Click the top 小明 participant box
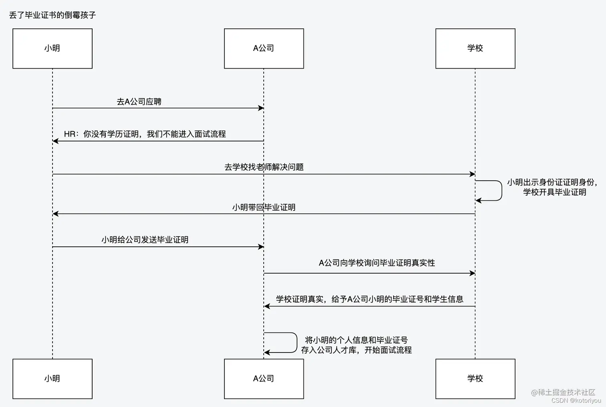coord(53,48)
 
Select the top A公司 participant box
coord(264,48)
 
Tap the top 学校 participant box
coord(475,48)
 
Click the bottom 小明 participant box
coord(53,379)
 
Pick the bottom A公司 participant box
coord(264,379)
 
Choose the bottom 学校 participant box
coord(475,379)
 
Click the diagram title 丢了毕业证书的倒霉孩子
coord(53,15)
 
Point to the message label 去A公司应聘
coord(139,102)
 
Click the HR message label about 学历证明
coord(145,134)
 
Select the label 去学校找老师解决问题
coord(264,167)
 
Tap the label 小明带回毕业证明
coord(264,208)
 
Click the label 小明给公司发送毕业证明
coord(145,240)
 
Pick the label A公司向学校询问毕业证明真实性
coord(377,263)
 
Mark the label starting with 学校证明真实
coord(370,299)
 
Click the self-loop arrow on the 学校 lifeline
coord(501,191)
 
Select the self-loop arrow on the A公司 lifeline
coord(296,343)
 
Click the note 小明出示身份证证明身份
coord(552,182)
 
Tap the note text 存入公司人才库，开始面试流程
coord(356,350)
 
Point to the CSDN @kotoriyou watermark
coord(576,401)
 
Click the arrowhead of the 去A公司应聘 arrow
coord(261,108)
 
